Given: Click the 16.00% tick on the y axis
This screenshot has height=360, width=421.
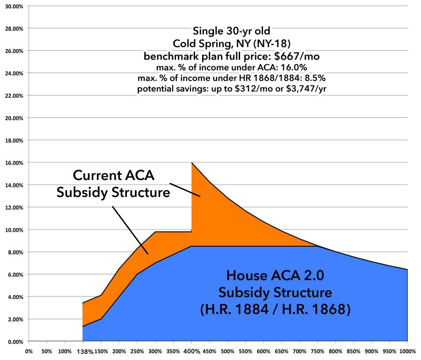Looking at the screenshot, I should click(x=15, y=162).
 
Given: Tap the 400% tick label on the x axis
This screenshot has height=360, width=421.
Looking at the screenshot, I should click(x=191, y=352).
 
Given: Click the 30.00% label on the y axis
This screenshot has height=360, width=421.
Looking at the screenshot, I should click(x=15, y=6).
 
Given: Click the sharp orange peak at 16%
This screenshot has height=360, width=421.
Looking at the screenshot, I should click(x=192, y=163).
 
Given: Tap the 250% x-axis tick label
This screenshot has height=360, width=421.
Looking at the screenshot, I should click(x=137, y=352).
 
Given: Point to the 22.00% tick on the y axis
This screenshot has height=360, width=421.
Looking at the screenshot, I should click(x=15, y=95).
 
